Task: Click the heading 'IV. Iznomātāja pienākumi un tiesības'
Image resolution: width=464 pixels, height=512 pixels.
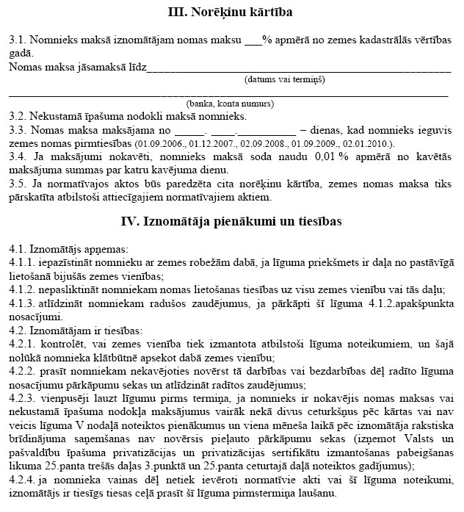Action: click(x=232, y=220)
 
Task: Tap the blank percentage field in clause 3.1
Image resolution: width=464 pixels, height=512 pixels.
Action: click(x=253, y=42)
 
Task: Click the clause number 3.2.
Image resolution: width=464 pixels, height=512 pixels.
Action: click(x=18, y=116)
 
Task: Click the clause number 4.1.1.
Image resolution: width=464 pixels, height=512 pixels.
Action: click(x=21, y=262)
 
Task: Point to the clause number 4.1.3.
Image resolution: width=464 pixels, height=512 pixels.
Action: click(x=21, y=303)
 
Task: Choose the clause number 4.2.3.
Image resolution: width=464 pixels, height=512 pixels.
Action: click(x=21, y=397)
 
